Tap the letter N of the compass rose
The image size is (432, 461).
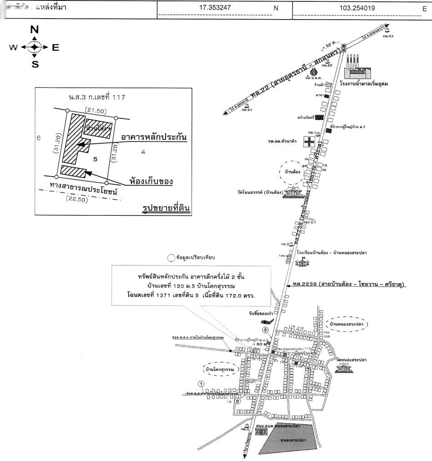34,30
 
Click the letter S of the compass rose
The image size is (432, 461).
35,64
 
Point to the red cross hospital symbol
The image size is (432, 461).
309,142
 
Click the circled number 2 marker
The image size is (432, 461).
236,401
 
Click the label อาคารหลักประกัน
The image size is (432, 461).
154,137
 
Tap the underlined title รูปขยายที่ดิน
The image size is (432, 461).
166,209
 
